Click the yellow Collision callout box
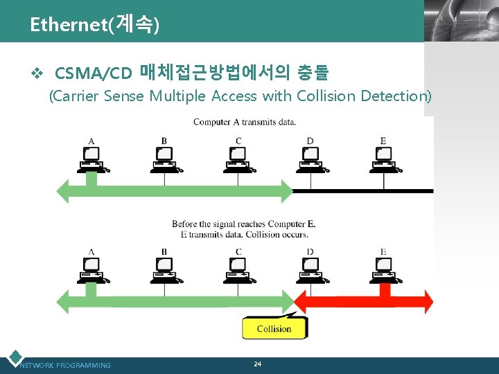pos(274,328)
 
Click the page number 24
pos(257,364)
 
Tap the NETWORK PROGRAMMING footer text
pos(65,365)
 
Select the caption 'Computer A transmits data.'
pos(245,122)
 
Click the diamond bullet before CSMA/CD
pos(39,72)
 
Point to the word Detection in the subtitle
pos(395,96)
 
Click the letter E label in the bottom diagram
pos(383,252)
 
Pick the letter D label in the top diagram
pos(310,141)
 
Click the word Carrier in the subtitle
pos(76,96)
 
